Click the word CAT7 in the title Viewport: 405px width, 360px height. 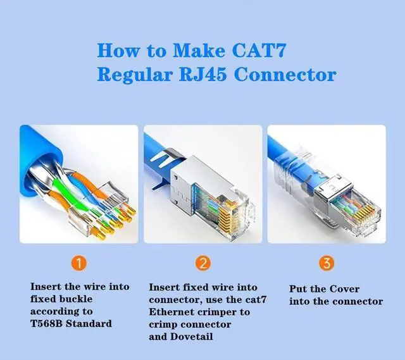point(268,49)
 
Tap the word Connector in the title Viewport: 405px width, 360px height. point(285,74)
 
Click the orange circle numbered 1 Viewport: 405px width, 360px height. point(80,262)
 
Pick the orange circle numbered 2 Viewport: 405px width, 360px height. point(202,262)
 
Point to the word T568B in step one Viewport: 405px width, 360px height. point(48,323)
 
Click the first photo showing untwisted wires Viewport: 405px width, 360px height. point(78,183)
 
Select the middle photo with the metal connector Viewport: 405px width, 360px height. point(202,183)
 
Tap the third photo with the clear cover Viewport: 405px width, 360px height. point(326,183)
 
